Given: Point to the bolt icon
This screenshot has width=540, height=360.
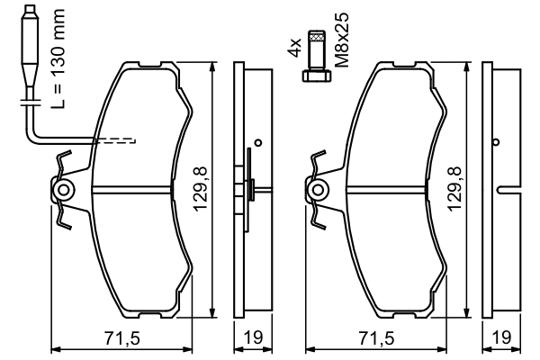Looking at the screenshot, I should click(316, 57).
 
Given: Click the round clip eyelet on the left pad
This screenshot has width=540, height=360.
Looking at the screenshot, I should click(64, 190).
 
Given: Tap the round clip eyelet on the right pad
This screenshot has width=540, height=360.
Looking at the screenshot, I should click(318, 190).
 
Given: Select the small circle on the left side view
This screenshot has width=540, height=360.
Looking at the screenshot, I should click(257, 141).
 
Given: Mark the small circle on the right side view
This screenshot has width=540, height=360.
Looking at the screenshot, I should click(495, 141).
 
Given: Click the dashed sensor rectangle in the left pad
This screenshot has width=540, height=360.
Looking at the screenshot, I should click(115, 139).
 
